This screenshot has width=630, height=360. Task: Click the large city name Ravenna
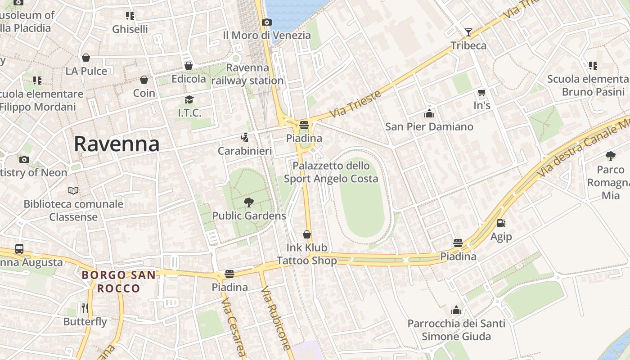point(117,144)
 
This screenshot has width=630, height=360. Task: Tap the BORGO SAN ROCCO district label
point(119,281)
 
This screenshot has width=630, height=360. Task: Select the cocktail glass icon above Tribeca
point(468,32)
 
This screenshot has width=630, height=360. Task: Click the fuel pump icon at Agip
point(501,223)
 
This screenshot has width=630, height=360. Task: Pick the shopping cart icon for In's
point(481,93)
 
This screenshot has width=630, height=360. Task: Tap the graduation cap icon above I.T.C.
point(189,99)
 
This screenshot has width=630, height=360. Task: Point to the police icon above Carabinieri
point(244,137)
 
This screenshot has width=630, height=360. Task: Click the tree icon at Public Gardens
point(248,202)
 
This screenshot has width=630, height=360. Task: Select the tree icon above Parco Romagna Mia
point(610,156)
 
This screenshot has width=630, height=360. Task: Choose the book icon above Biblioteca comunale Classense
point(73,190)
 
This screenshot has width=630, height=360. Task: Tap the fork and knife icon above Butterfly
point(85,308)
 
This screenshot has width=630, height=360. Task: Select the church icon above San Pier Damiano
point(429,113)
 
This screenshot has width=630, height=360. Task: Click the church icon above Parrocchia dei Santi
point(456,310)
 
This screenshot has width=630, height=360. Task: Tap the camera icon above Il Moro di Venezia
point(266,22)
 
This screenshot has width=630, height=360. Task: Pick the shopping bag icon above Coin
point(144,80)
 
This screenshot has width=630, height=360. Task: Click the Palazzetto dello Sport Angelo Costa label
point(331,172)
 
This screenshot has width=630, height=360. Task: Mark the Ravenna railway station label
point(247,74)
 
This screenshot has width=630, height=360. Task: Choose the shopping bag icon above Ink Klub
point(307,234)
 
